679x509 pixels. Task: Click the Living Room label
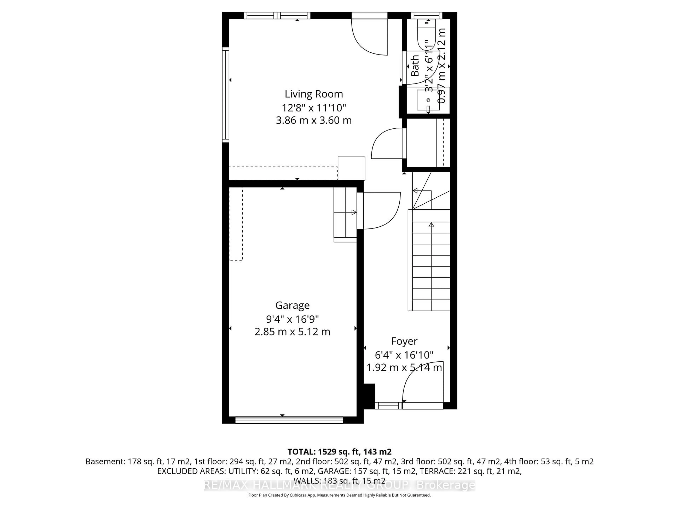313,94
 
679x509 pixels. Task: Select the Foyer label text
404,341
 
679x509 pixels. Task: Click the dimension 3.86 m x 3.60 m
313,120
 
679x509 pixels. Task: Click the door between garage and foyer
381,210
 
